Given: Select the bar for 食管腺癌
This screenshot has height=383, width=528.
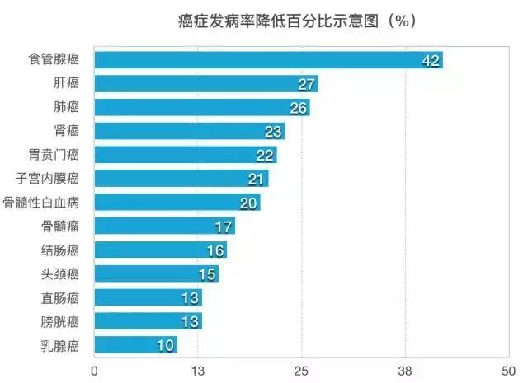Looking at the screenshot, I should (268, 60).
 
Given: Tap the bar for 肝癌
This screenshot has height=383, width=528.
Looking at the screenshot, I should (206, 84).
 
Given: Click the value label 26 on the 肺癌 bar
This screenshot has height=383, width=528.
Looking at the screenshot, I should (299, 108).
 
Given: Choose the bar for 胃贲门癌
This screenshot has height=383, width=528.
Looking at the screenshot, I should (186, 155).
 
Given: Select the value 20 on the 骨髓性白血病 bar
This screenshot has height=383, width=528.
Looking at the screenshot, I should (249, 203).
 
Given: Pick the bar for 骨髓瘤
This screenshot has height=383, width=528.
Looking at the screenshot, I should (165, 226).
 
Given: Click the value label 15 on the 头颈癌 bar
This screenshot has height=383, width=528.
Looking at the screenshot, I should (207, 273).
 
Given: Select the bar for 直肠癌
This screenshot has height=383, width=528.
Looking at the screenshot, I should (148, 297).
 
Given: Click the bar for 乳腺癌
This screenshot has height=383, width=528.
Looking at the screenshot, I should (136, 344).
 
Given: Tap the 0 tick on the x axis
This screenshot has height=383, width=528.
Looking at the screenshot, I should (95, 370).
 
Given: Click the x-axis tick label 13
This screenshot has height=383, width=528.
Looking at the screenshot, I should (198, 370).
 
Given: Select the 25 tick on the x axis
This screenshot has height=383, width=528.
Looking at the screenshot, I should (301, 370).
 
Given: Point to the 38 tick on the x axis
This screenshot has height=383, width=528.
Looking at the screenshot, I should (404, 370).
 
